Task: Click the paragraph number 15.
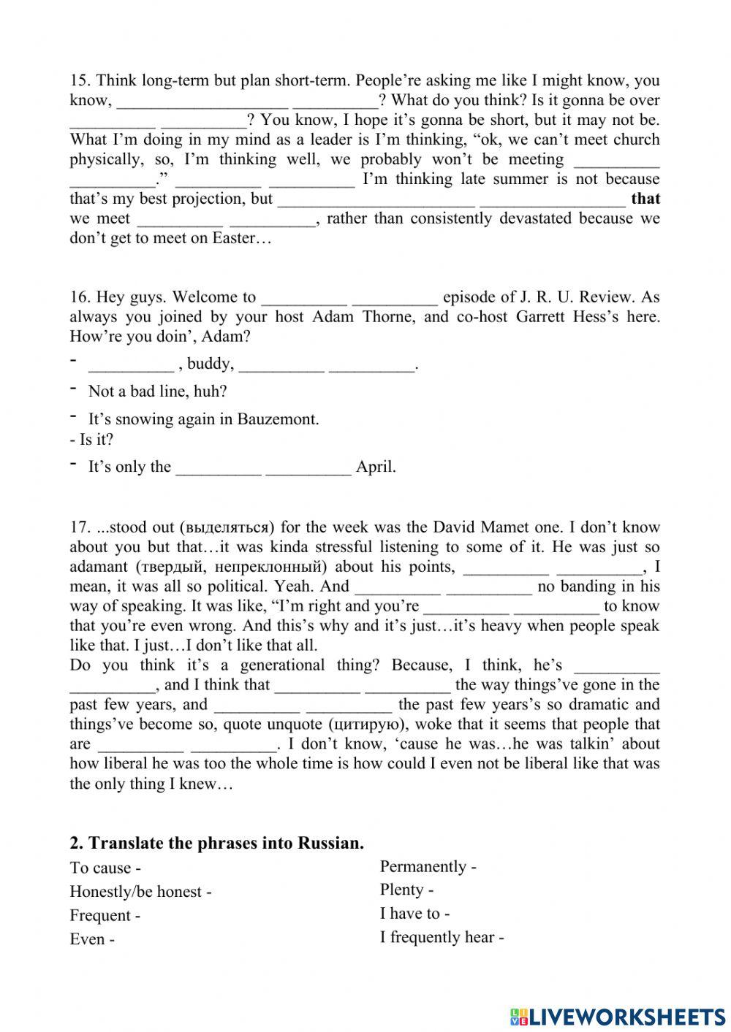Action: pos(79,80)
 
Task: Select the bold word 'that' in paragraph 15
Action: pos(645,199)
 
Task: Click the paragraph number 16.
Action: pos(79,297)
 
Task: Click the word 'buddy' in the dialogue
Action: pos(210,364)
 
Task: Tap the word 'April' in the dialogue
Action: pos(375,467)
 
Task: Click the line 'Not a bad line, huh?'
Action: pos(157,391)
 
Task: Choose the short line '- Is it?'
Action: pos(91,440)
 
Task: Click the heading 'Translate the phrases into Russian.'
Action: pos(216,843)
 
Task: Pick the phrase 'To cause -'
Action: pos(105,868)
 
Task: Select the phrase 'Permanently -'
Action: pos(428,867)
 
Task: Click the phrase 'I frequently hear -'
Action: pos(442,937)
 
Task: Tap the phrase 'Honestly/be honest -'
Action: pos(140,892)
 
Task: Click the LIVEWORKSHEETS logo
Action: pos(618,1016)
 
